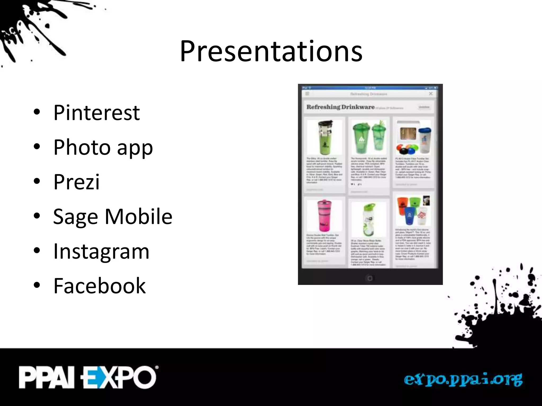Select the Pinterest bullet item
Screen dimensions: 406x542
(x=96, y=113)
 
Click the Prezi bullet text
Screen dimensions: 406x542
(x=76, y=182)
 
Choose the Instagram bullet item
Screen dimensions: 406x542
(x=101, y=251)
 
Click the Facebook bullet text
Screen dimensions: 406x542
(x=99, y=286)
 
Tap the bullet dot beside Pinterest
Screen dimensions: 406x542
(x=37, y=112)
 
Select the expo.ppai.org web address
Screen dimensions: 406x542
(x=463, y=380)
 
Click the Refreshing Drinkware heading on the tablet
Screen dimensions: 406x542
(x=340, y=107)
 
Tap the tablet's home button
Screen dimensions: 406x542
(x=370, y=278)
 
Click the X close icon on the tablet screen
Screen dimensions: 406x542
(x=431, y=94)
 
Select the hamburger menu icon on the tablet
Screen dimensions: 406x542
(x=307, y=94)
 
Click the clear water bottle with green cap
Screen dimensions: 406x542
(x=368, y=219)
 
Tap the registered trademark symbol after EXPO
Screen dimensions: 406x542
(x=157, y=367)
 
